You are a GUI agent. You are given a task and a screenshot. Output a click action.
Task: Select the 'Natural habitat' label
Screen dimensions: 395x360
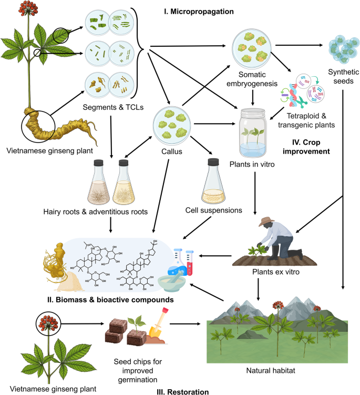[282, 370]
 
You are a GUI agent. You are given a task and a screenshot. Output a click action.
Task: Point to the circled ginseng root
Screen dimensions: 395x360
[38, 126]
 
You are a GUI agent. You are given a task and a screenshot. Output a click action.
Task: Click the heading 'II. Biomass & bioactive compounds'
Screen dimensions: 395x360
[108, 300]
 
